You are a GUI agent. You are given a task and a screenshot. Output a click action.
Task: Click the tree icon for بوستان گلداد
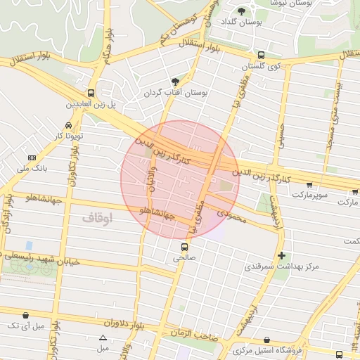coord(242,11)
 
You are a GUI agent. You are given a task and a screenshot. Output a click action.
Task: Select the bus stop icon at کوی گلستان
coord(261,55)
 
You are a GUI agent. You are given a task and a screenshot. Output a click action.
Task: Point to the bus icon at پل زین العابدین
coord(91,92)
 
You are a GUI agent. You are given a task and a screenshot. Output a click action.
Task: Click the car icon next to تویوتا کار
coord(67,125)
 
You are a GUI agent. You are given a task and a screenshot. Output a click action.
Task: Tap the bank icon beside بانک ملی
coord(32,157)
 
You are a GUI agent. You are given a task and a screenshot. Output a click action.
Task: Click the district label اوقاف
coord(97,218)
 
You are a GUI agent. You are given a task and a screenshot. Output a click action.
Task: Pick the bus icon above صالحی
coord(184,247)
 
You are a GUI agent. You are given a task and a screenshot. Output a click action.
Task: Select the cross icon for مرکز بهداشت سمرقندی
coord(282,255)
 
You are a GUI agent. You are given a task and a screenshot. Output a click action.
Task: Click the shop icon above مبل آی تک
coord(26,316)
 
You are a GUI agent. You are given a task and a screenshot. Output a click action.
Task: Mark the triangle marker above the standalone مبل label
coord(103,338)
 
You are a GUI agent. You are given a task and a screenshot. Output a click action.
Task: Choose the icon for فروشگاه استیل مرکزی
coord(266,340)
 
